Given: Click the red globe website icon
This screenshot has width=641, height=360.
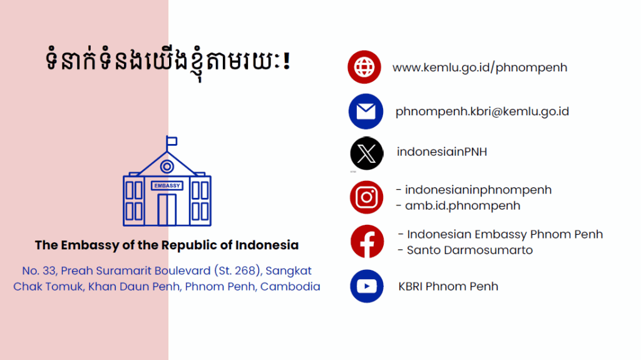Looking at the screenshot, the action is click(x=364, y=67).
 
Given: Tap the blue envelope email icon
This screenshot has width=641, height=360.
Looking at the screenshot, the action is click(x=366, y=111).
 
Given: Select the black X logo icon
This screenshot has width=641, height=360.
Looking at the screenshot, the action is click(x=367, y=153).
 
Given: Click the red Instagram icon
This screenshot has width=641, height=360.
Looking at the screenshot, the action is click(x=367, y=197).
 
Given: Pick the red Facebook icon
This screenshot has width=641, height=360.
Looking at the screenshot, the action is click(x=367, y=242).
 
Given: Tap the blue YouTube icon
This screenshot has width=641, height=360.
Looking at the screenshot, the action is click(x=367, y=286).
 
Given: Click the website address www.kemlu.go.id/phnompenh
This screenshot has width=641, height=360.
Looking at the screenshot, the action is click(x=480, y=68).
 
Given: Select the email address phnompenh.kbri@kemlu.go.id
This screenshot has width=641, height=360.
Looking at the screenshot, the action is click(x=482, y=111).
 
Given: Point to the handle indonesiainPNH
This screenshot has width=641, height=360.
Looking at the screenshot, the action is click(x=442, y=152).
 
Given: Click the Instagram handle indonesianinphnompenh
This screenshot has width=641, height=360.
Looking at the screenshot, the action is click(x=478, y=190).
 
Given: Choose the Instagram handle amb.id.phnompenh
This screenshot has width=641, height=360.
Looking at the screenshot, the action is click(x=463, y=206).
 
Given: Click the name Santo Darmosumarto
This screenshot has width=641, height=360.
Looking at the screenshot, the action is click(x=469, y=250).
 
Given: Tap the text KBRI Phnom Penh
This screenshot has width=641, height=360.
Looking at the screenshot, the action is click(x=448, y=286).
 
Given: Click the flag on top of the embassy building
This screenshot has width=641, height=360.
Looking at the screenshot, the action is click(x=172, y=141).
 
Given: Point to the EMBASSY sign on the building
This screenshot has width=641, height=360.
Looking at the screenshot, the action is click(x=167, y=186).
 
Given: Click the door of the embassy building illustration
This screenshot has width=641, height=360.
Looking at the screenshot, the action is click(x=167, y=210).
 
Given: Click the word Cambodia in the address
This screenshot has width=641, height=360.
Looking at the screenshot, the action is click(x=290, y=286).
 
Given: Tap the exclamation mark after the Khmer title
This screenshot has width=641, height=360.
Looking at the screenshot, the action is click(x=287, y=61).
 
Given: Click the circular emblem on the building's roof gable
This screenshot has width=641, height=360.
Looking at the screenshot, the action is click(x=167, y=167).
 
